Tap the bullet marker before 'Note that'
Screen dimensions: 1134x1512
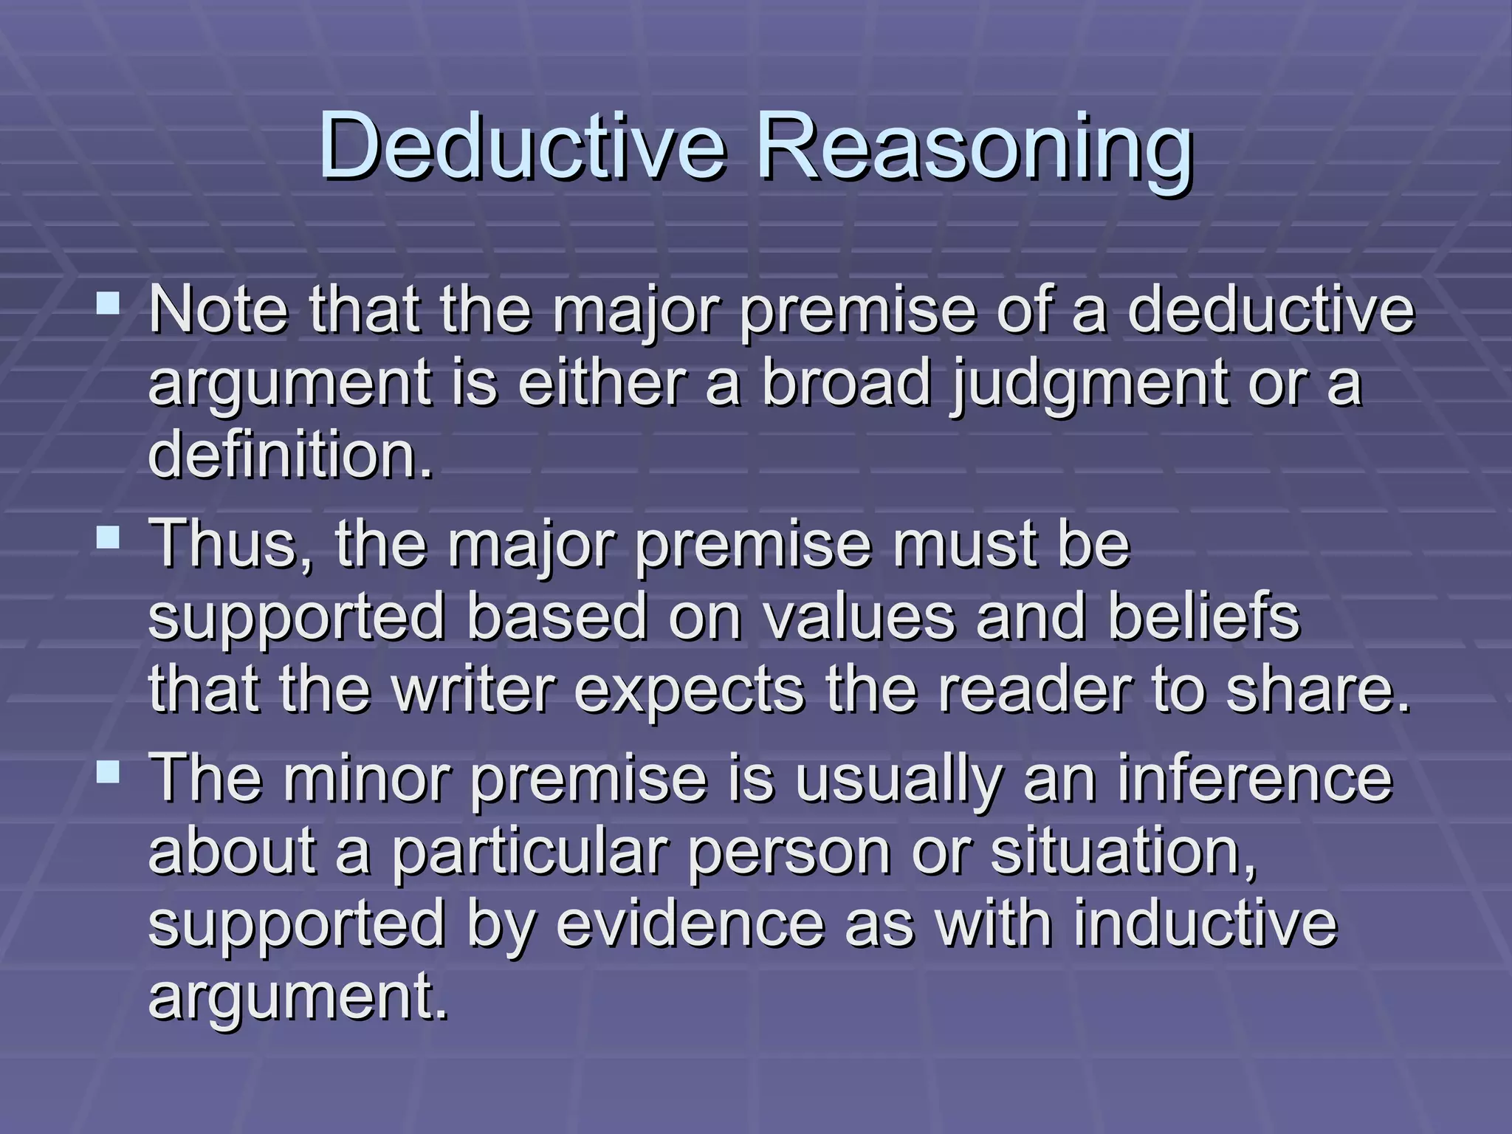coord(109,303)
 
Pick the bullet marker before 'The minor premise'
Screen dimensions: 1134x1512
coord(109,772)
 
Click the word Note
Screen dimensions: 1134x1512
coord(219,310)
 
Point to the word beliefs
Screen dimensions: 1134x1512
coord(1203,617)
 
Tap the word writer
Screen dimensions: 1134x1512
coord(472,690)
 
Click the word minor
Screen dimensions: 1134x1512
coord(366,778)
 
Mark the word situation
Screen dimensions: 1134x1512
coord(1122,851)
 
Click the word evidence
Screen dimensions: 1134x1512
coord(690,924)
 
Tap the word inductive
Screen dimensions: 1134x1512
coord(1204,924)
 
